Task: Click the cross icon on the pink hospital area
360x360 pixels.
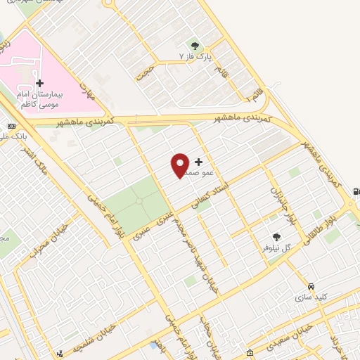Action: coord(39,83)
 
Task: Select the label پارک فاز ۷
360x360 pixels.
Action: coord(195,54)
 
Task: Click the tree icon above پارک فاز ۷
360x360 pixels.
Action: coord(195,44)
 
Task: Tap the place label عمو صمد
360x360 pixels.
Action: coord(190,172)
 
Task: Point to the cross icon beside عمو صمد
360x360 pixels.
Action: coord(199,162)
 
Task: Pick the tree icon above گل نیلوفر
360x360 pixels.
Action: coord(276,238)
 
